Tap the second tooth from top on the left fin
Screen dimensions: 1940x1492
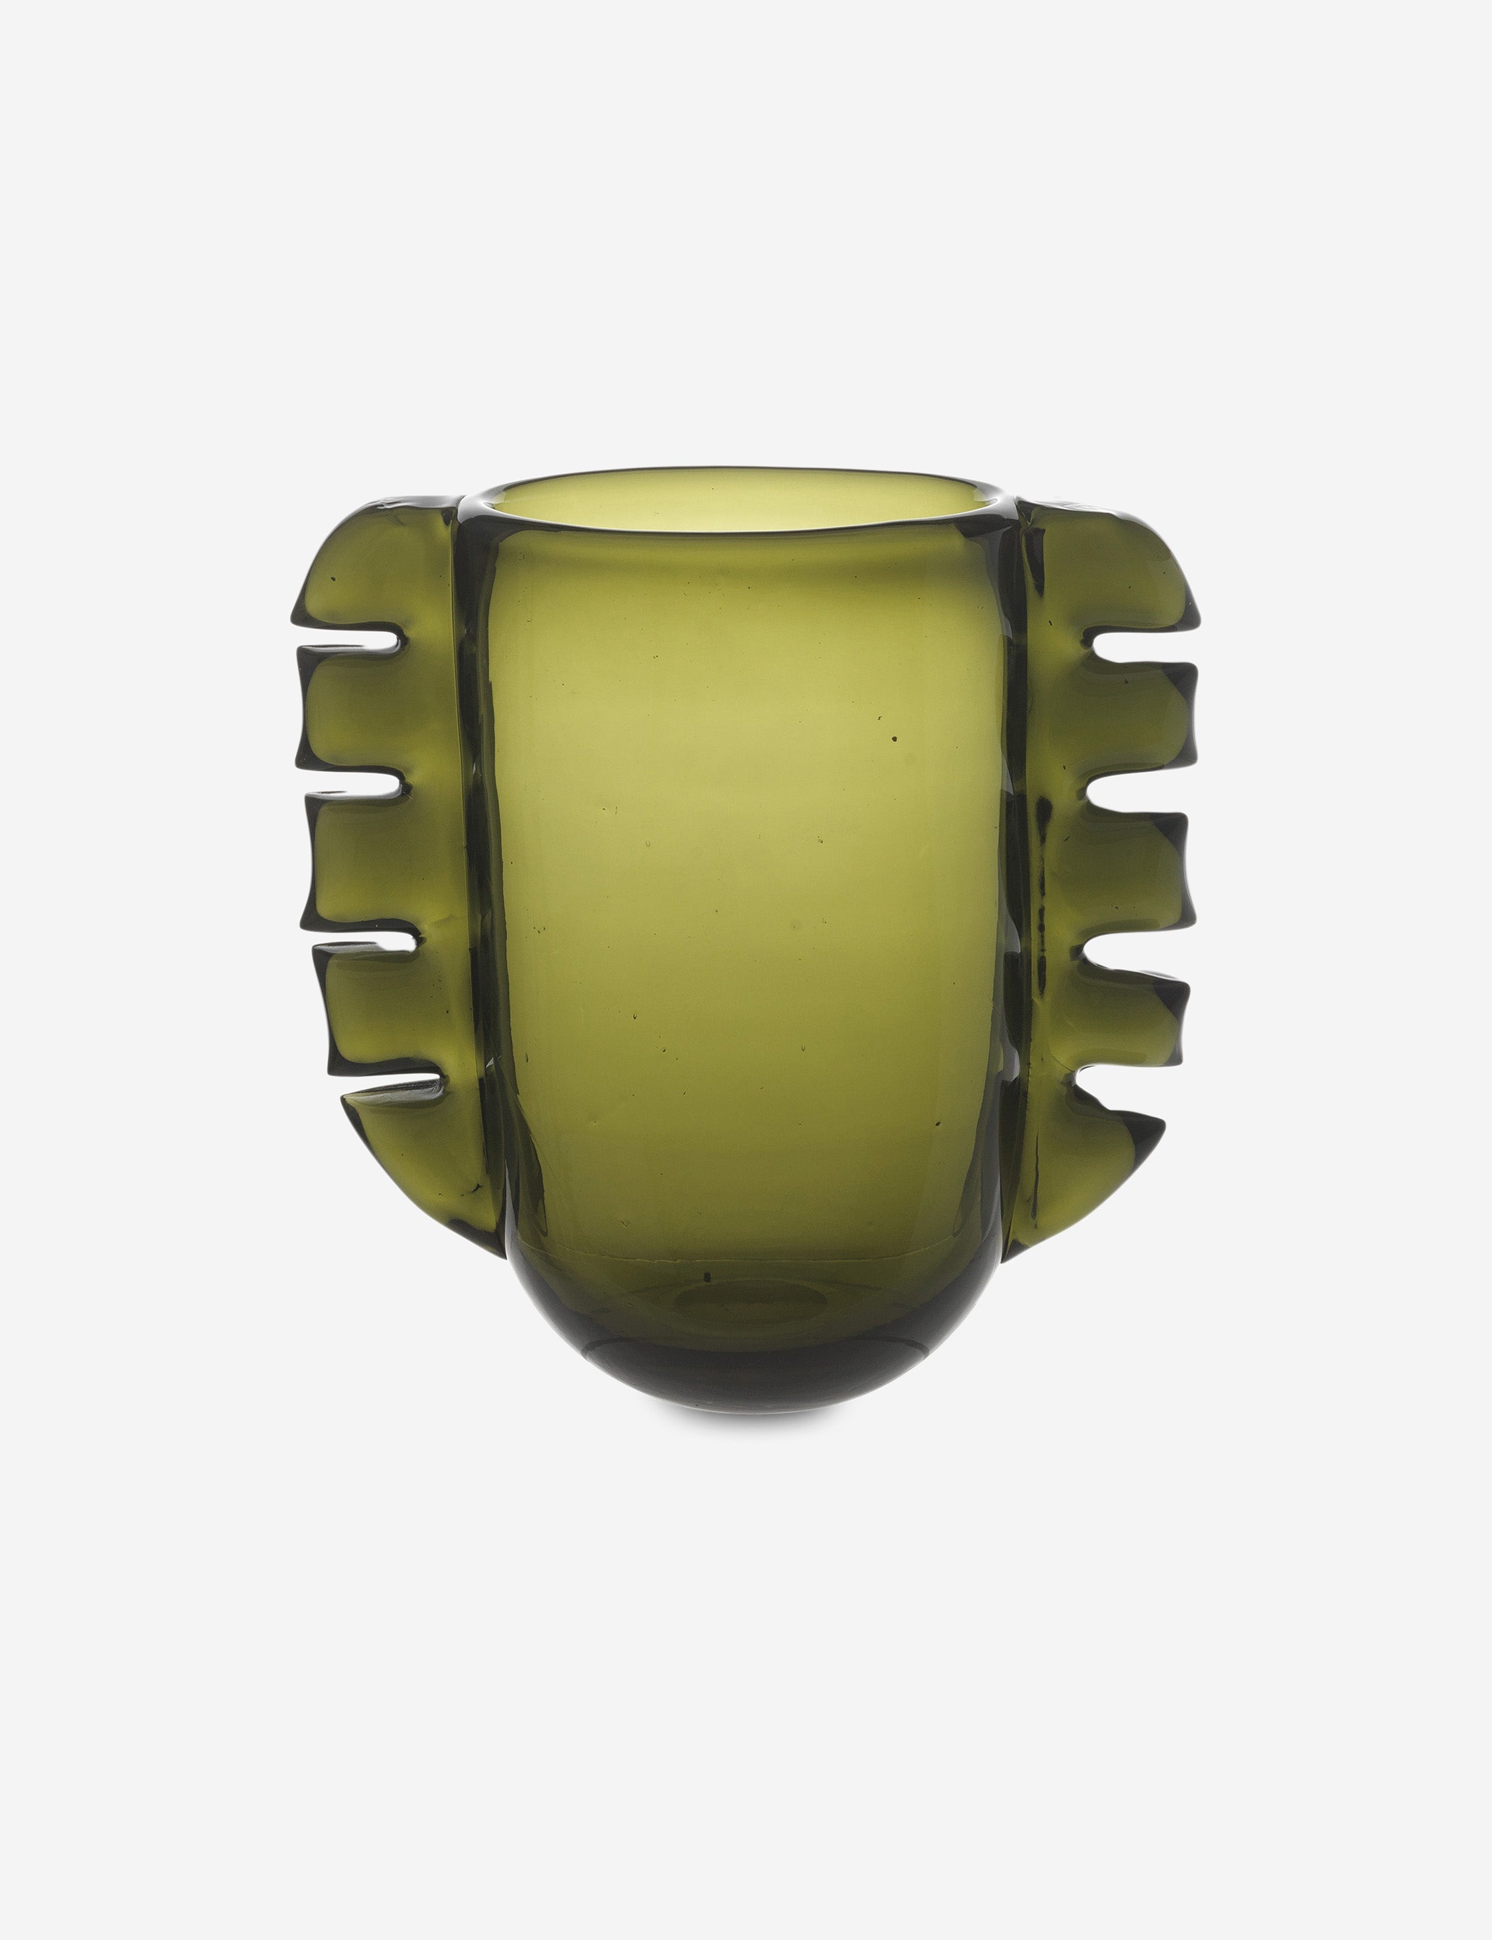click(355, 710)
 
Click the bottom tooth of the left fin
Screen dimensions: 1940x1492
click(400, 1141)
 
